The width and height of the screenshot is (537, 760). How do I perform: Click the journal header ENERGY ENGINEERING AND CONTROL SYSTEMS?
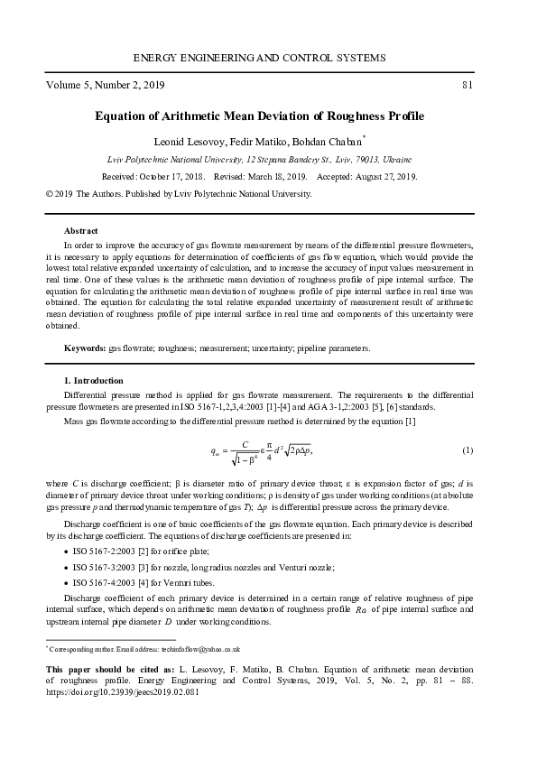coord(259,58)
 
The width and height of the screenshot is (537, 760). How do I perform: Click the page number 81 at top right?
coord(467,86)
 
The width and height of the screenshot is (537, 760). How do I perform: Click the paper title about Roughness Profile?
coord(259,117)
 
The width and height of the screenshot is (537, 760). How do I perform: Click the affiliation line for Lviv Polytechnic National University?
coord(259,160)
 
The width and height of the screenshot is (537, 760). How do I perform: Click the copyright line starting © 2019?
coord(179,194)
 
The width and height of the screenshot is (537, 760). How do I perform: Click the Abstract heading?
coord(80,231)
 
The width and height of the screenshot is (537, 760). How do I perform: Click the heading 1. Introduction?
coord(94,381)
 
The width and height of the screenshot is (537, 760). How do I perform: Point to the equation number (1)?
coord(468,450)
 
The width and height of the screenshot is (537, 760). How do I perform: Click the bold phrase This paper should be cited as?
coord(104,669)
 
